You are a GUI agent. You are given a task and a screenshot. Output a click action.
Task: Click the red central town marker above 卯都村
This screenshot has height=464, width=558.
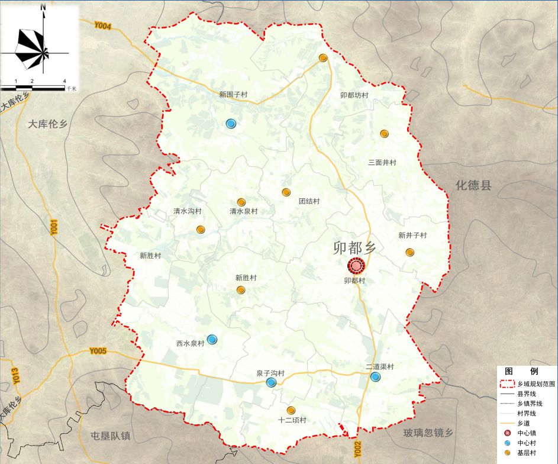pyautogui.click(x=356, y=266)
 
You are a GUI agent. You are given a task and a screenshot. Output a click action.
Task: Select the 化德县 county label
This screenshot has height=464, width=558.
pyautogui.click(x=473, y=185)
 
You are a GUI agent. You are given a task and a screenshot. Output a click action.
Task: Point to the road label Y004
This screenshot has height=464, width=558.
pyautogui.click(x=102, y=25)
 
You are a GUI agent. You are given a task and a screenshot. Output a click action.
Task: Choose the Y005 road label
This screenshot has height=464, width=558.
pyautogui.click(x=98, y=352)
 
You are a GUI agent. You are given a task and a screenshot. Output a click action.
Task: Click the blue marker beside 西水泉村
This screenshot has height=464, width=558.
pyautogui.click(x=212, y=339)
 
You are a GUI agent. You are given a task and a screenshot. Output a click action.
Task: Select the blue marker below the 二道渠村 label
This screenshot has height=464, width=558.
pyautogui.click(x=375, y=377)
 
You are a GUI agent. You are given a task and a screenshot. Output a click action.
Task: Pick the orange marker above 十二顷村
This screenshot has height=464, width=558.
pyautogui.click(x=291, y=410)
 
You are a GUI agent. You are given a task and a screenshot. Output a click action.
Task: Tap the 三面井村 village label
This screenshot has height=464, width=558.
pyautogui.click(x=382, y=162)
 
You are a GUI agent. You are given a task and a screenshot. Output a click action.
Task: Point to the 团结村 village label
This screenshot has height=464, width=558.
pyautogui.click(x=309, y=201)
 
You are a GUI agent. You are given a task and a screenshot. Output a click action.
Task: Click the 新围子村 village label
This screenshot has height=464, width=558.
pyautogui.click(x=233, y=94)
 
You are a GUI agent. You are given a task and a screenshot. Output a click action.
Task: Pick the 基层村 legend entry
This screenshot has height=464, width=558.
pyautogui.click(x=527, y=453)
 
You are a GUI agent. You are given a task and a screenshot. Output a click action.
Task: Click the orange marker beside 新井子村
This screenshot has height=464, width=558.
pyautogui.click(x=409, y=252)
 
